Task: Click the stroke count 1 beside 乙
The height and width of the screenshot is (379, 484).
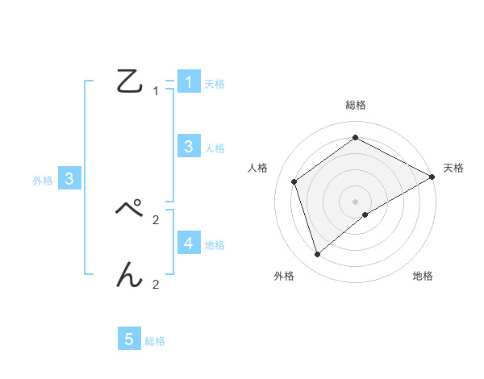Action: pyautogui.click(x=156, y=91)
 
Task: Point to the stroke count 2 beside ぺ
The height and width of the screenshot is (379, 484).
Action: pyautogui.click(x=156, y=219)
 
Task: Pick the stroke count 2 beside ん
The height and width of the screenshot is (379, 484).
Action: pyautogui.click(x=156, y=285)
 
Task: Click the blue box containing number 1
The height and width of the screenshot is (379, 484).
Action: pyautogui.click(x=188, y=81)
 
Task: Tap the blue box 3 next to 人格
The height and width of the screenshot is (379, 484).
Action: pyautogui.click(x=188, y=147)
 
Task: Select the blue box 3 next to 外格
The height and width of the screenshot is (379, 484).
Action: pyautogui.click(x=69, y=179)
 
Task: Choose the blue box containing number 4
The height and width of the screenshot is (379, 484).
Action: pyautogui.click(x=188, y=243)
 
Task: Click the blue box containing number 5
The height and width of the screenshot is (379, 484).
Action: pyautogui.click(x=129, y=339)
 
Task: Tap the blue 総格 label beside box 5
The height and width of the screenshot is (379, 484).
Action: pyautogui.click(x=155, y=341)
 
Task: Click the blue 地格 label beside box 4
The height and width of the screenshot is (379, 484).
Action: pyautogui.click(x=215, y=244)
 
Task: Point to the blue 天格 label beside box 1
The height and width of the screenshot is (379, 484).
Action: pyautogui.click(x=215, y=83)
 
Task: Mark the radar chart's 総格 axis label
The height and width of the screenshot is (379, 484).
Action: pyautogui.click(x=356, y=105)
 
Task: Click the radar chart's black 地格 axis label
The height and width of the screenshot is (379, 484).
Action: pyautogui.click(x=423, y=277)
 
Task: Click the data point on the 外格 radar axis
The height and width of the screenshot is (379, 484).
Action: pyautogui.click(x=317, y=255)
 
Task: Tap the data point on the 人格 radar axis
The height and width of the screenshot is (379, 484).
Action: pyautogui.click(x=294, y=181)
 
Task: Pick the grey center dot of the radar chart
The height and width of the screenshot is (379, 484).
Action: pyautogui.click(x=356, y=201)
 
